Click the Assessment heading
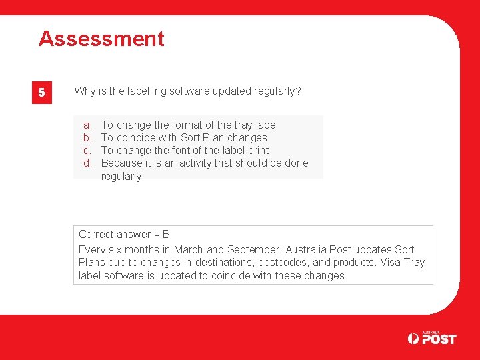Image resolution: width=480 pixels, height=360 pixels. tap(101, 39)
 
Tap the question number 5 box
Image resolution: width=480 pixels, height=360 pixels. tap(41, 93)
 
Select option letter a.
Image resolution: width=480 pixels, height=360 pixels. tap(87, 125)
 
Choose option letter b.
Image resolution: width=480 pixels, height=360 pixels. tap(87, 137)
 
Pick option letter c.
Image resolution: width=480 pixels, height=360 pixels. tap(87, 150)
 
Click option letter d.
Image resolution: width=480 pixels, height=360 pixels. tap(87, 163)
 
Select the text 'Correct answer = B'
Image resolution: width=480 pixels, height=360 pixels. tap(124, 234)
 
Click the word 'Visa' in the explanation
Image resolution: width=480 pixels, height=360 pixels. tap(391, 263)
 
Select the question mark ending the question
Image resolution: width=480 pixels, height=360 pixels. tap(298, 91)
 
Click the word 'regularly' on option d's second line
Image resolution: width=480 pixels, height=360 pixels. tap(121, 176)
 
